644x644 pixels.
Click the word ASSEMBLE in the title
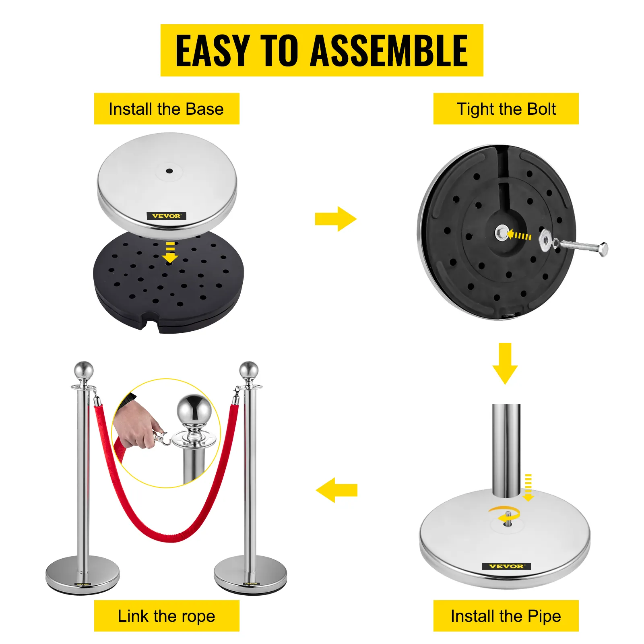[x=389, y=50]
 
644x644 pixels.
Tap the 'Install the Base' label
[x=166, y=109]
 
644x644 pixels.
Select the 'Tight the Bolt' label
[x=506, y=109]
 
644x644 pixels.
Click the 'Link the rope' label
[x=167, y=616]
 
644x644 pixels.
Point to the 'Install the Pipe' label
[x=506, y=616]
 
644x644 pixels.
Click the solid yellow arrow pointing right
[x=336, y=219]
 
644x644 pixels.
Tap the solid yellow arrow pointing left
[x=337, y=490]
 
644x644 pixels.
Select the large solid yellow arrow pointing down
[x=505, y=363]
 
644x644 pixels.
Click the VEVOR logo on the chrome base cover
[x=166, y=216]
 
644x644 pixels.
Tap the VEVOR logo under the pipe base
[x=506, y=566]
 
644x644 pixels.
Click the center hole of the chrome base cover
[x=169, y=171]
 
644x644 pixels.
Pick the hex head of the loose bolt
[x=603, y=249]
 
